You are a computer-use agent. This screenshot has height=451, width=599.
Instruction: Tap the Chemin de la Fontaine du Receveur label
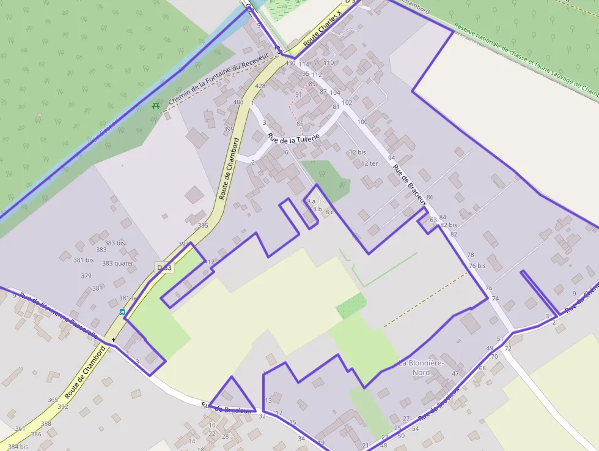(218, 78)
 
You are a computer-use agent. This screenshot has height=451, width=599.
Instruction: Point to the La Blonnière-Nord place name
(422, 367)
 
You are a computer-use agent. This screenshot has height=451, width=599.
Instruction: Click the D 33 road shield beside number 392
(164, 267)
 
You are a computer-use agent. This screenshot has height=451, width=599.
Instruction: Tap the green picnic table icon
(156, 105)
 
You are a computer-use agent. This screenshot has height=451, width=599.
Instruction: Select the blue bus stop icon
(122, 312)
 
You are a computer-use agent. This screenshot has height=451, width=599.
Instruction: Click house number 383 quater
(117, 263)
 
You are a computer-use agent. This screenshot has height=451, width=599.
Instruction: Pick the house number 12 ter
(369, 163)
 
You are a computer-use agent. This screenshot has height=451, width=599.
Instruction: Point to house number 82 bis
(449, 225)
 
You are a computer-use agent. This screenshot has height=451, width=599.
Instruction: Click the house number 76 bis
(477, 266)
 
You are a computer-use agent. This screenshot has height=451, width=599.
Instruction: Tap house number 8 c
(330, 212)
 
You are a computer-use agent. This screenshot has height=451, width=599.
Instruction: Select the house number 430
(290, 63)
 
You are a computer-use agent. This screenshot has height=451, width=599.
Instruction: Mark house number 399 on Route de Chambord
(229, 129)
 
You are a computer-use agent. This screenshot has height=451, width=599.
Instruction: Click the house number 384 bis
(18, 447)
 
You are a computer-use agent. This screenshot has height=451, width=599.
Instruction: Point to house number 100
(362, 122)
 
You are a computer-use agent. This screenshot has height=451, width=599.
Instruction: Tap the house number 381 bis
(84, 259)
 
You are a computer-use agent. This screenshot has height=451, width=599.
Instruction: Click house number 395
(203, 226)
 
